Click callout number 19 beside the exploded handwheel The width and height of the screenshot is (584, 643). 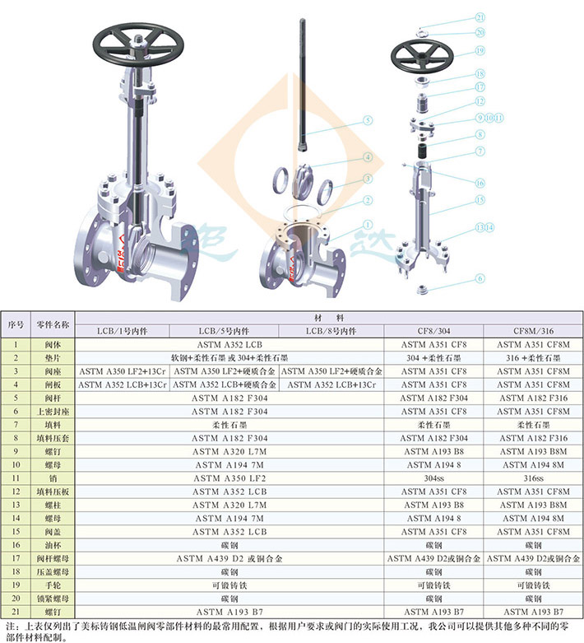[x=480, y=50]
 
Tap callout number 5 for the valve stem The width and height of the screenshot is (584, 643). [x=368, y=120]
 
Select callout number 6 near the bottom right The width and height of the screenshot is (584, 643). [x=480, y=278]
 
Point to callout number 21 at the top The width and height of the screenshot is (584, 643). [x=480, y=17]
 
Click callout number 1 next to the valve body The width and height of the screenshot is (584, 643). [x=368, y=225]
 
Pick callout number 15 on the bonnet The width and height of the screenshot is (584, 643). [x=480, y=200]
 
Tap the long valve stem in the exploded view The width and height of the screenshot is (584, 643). [x=303, y=85]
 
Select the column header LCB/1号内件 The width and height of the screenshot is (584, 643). [x=122, y=331]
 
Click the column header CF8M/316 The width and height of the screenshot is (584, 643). [x=533, y=331]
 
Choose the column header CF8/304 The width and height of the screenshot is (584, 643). [x=433, y=331]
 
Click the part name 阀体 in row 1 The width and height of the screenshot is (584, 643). [x=53, y=344]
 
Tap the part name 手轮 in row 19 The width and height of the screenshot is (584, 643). [x=53, y=585]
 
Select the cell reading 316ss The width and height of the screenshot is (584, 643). [x=533, y=478]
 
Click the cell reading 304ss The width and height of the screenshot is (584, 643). [x=433, y=478]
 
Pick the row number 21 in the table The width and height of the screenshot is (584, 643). [x=16, y=612]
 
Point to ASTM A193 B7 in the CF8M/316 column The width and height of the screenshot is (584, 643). [x=533, y=612]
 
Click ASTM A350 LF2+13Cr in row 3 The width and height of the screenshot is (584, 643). [x=122, y=371]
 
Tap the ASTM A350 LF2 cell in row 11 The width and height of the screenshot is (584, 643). [x=229, y=478]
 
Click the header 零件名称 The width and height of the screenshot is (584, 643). [x=53, y=324]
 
